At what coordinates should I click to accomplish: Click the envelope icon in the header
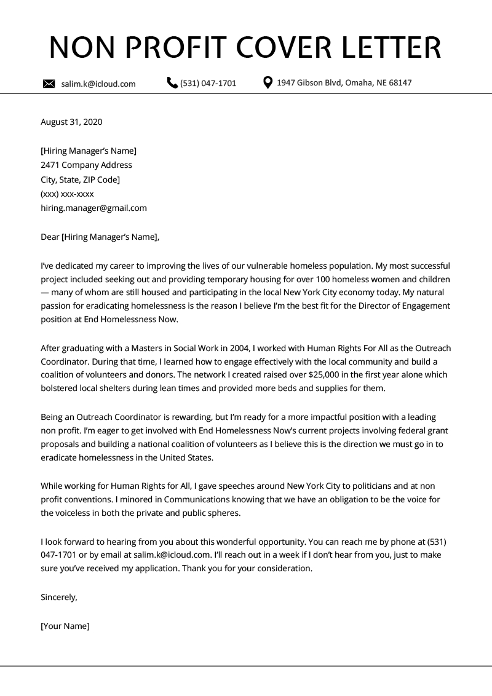tap(49, 84)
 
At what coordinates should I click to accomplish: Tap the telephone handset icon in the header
tap(172, 83)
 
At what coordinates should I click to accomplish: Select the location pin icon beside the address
tap(268, 83)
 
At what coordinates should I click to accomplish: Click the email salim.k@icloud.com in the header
tap(98, 84)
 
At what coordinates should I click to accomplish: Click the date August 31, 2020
tap(71, 122)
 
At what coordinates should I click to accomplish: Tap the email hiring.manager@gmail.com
tap(93, 208)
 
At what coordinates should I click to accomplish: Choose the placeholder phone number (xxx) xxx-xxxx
tap(67, 194)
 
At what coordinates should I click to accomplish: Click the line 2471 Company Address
tap(86, 165)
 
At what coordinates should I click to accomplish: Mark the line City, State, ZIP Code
tap(80, 180)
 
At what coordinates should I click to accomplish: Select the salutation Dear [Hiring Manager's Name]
tap(100, 237)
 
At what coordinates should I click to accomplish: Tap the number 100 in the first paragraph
tap(339, 280)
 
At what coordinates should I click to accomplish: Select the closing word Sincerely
tap(58, 597)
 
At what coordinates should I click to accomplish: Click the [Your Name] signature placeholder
tap(65, 626)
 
